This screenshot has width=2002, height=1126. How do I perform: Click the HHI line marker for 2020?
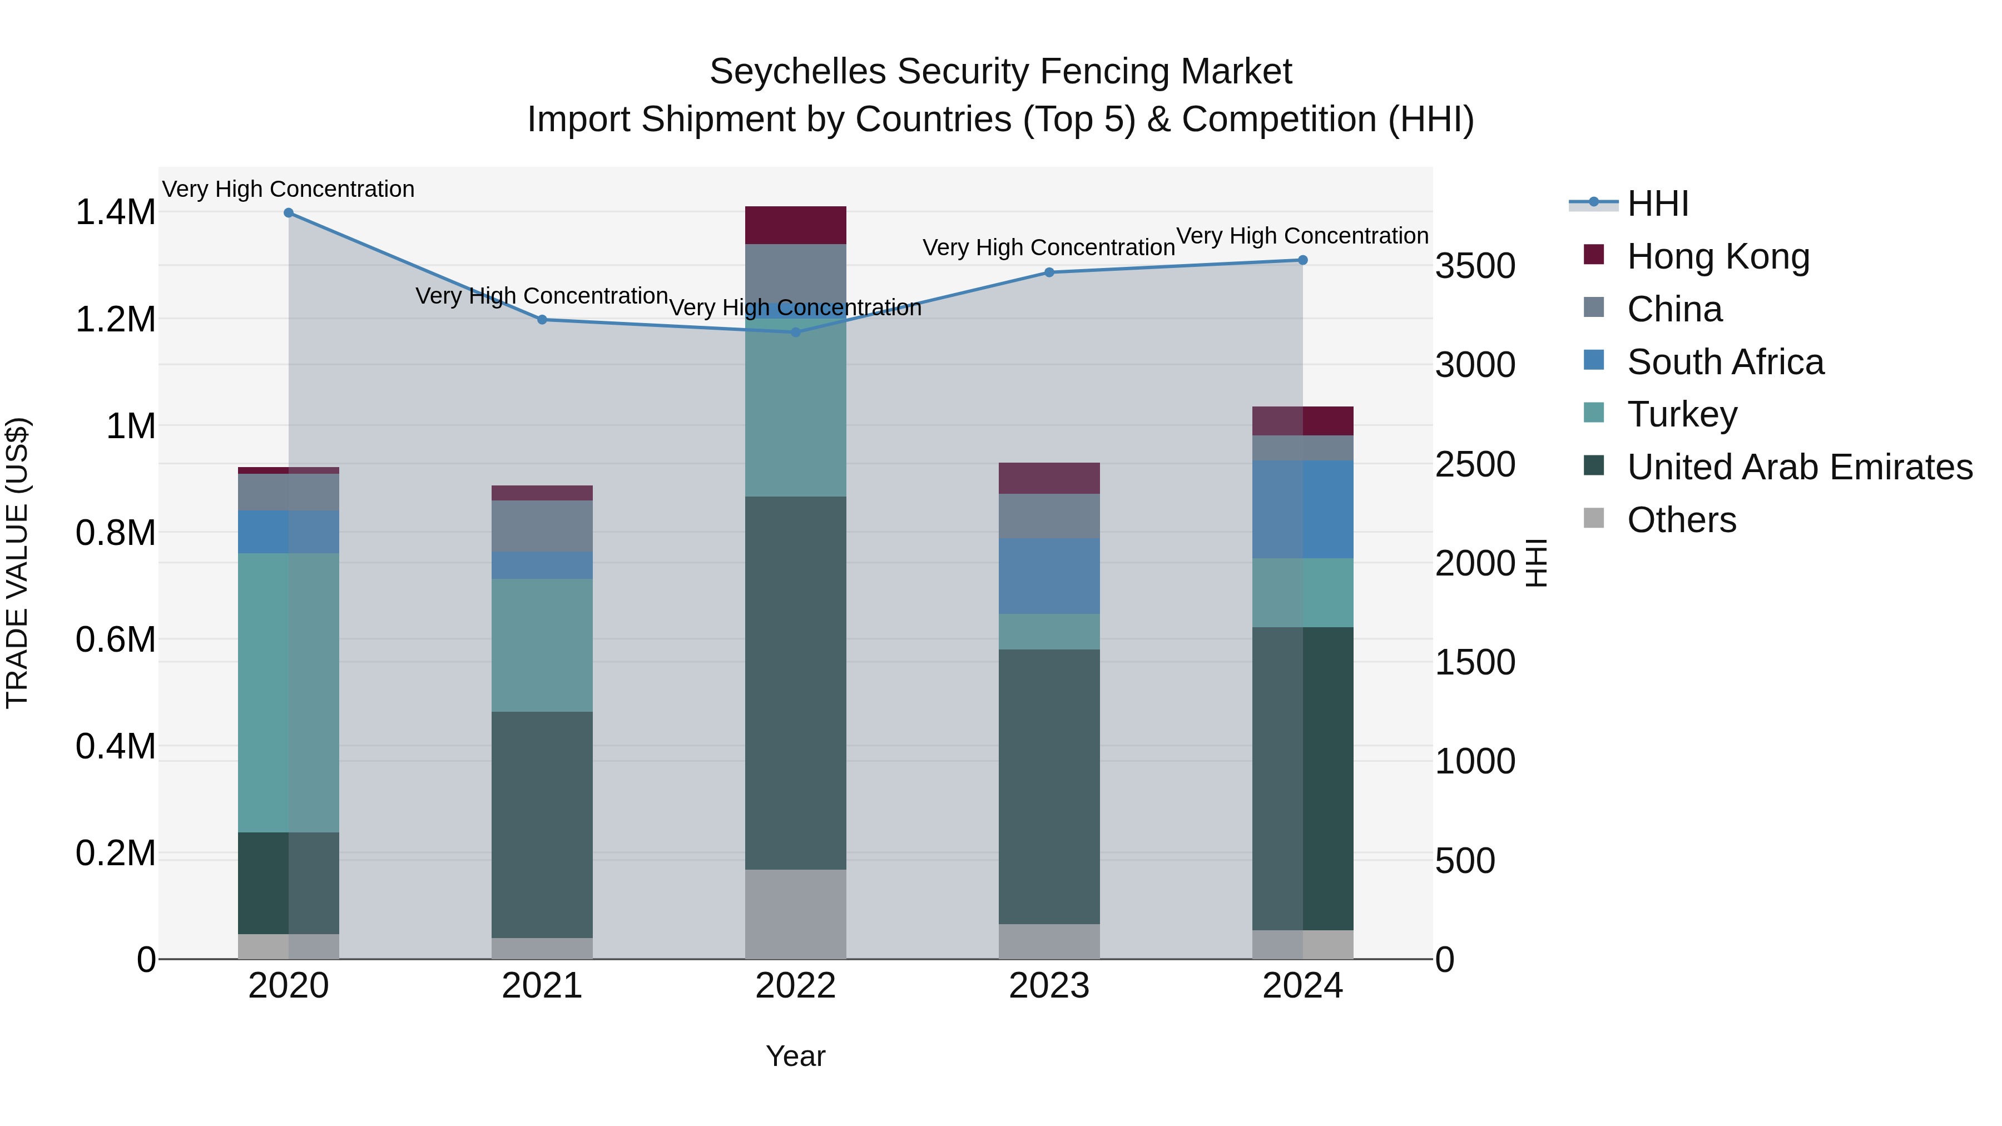288,213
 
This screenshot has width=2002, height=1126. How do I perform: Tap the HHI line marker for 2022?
795,333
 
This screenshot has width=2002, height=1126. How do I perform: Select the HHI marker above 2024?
1302,260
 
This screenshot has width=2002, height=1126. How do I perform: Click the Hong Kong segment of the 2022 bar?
795,225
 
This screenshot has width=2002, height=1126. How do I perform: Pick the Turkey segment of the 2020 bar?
288,692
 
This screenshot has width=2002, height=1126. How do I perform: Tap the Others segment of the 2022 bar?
795,914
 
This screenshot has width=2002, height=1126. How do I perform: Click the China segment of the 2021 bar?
542,526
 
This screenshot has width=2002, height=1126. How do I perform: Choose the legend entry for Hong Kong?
1718,256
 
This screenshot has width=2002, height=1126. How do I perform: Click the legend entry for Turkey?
1682,414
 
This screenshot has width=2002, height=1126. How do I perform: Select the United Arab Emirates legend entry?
1799,467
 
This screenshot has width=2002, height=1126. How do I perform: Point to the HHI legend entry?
1657,204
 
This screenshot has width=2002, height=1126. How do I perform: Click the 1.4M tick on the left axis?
115,212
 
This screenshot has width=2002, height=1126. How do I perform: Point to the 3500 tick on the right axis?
1474,266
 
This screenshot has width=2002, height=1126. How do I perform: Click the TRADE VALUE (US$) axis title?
17,563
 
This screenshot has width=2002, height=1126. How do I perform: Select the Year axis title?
795,1056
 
